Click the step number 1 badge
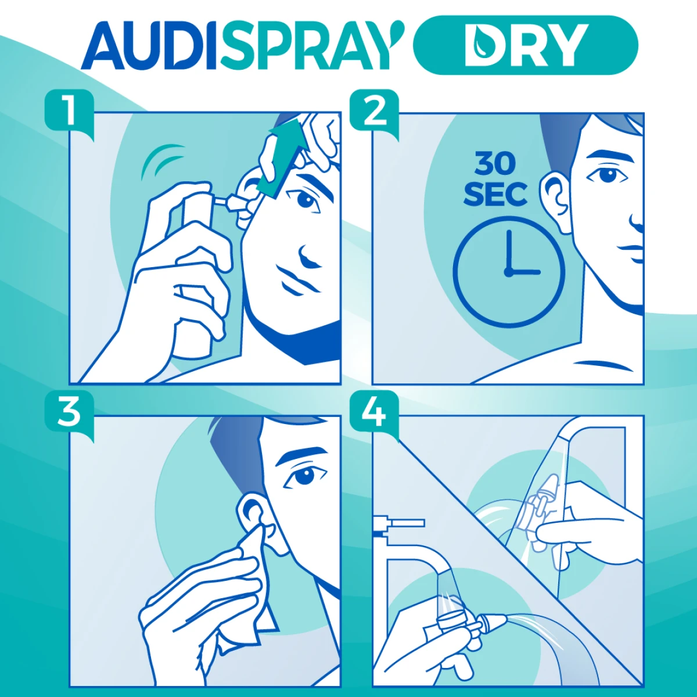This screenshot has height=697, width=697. (69, 112)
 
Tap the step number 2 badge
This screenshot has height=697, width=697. (375, 112)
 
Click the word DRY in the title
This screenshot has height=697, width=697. (526, 45)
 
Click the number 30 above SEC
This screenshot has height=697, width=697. (495, 163)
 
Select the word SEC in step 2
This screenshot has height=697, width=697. (495, 194)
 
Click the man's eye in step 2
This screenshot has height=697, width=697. (606, 175)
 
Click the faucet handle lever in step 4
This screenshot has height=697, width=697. (401, 523)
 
